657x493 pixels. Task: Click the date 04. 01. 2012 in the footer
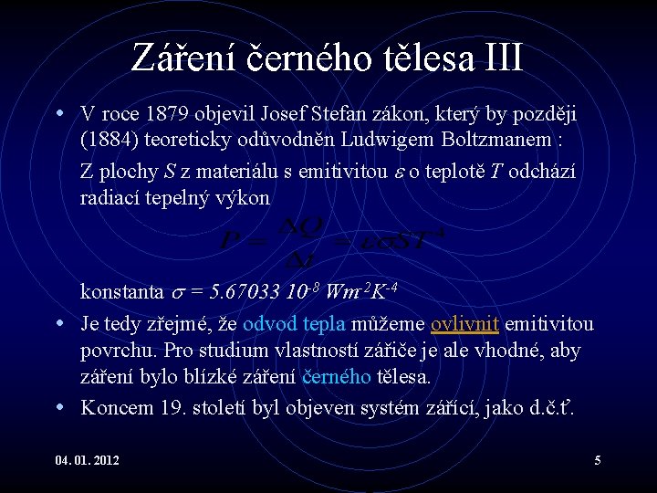coord(88,460)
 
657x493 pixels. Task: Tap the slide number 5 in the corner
coord(598,460)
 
